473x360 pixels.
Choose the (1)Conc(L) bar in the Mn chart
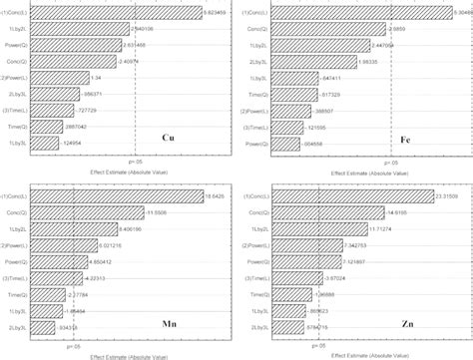click(x=116, y=195)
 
